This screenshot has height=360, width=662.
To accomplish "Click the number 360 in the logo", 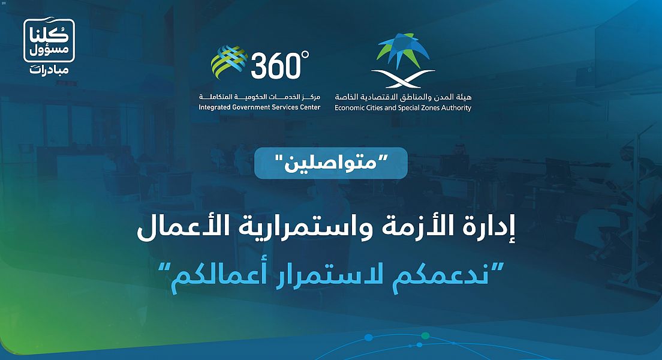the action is [276, 65].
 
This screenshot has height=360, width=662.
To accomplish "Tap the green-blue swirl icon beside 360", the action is [229, 62].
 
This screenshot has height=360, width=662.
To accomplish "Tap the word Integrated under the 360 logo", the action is [215, 107].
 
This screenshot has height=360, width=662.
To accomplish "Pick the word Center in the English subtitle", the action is [310, 107].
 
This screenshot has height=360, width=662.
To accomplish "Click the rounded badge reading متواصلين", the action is [331, 163].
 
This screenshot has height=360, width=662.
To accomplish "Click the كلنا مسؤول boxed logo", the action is [49, 40].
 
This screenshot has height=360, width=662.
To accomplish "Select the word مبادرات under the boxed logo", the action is [49, 70].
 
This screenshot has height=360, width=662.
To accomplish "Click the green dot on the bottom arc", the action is [425, 336].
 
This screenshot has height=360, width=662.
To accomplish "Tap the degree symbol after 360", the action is [305, 55].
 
